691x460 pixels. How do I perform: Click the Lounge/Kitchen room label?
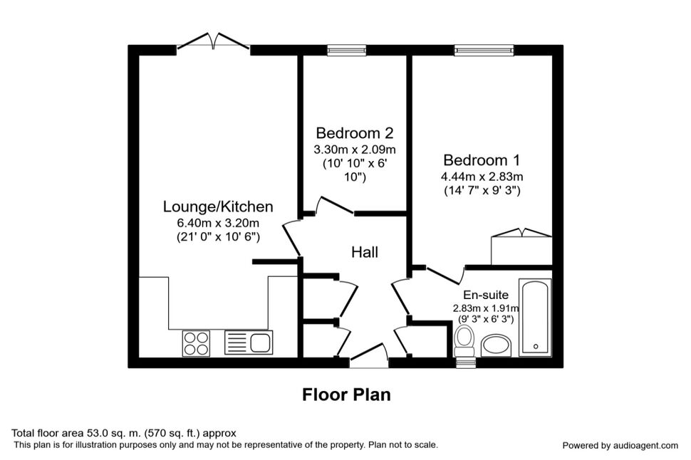pos(218,207)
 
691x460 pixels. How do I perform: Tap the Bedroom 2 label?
pos(355,132)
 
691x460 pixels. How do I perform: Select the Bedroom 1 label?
pos(482,160)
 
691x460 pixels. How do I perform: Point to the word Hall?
pos(365,252)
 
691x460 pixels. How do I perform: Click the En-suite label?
pos(486,295)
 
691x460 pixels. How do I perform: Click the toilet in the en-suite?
pos(464,342)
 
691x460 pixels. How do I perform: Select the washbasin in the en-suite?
pos(496,346)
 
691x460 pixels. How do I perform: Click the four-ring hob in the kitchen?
pos(196,343)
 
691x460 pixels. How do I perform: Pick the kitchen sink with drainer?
pos(249,343)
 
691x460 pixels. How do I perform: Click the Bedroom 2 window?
pos(347,51)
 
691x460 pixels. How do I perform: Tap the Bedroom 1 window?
pos(484,51)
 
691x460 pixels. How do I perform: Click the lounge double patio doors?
pos(213,41)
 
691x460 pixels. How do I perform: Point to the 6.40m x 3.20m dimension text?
pos(218,222)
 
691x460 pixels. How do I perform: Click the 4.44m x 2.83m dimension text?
pos(482,177)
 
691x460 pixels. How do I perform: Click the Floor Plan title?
pos(346,394)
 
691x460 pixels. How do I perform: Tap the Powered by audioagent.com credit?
pos(620,446)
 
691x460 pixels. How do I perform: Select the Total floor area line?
pos(124,433)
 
